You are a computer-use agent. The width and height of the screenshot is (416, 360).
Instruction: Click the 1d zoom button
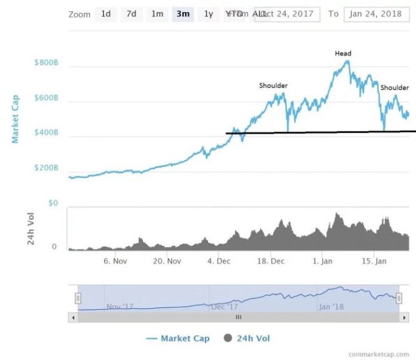(106, 14)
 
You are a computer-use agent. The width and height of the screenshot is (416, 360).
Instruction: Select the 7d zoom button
(131, 14)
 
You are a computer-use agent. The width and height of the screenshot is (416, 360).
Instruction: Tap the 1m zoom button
(157, 14)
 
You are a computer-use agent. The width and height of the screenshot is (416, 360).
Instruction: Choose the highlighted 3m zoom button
(183, 14)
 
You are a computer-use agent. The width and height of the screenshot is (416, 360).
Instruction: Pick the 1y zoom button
(208, 14)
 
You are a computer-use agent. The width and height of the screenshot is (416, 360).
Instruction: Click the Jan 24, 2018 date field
(375, 14)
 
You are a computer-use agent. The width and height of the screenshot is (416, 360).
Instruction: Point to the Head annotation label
(343, 54)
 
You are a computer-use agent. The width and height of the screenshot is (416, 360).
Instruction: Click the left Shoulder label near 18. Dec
(273, 85)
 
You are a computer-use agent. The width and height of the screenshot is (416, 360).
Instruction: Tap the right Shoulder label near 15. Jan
(394, 88)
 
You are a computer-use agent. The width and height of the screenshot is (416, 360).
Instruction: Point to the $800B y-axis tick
(47, 61)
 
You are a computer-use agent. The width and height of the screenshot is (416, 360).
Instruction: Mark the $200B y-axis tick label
(47, 168)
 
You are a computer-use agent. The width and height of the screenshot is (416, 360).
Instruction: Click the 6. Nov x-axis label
(115, 261)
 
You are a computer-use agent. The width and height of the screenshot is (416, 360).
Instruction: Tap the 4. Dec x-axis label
(219, 261)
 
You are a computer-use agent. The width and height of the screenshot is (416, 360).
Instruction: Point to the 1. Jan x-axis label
(323, 261)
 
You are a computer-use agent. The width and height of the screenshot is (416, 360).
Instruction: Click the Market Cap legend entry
(178, 339)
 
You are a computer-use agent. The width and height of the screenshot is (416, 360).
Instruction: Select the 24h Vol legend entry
(247, 339)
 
